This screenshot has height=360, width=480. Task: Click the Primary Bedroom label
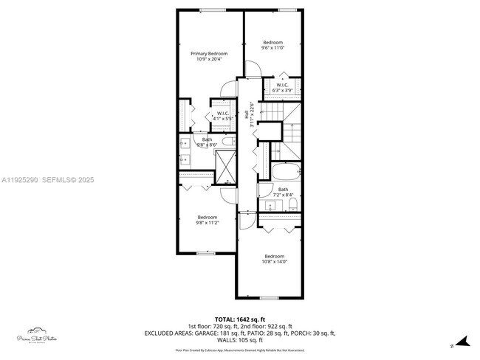(x=209, y=54)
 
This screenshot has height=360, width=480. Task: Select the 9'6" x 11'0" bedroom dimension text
(x=273, y=48)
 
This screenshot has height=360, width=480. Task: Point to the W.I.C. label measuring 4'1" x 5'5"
(x=224, y=118)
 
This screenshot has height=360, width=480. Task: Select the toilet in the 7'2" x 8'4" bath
(x=293, y=203)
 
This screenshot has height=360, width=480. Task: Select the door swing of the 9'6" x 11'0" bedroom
(x=251, y=70)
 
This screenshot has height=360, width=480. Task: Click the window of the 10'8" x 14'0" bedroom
(x=270, y=297)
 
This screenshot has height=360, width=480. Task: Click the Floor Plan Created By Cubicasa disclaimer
(x=240, y=350)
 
